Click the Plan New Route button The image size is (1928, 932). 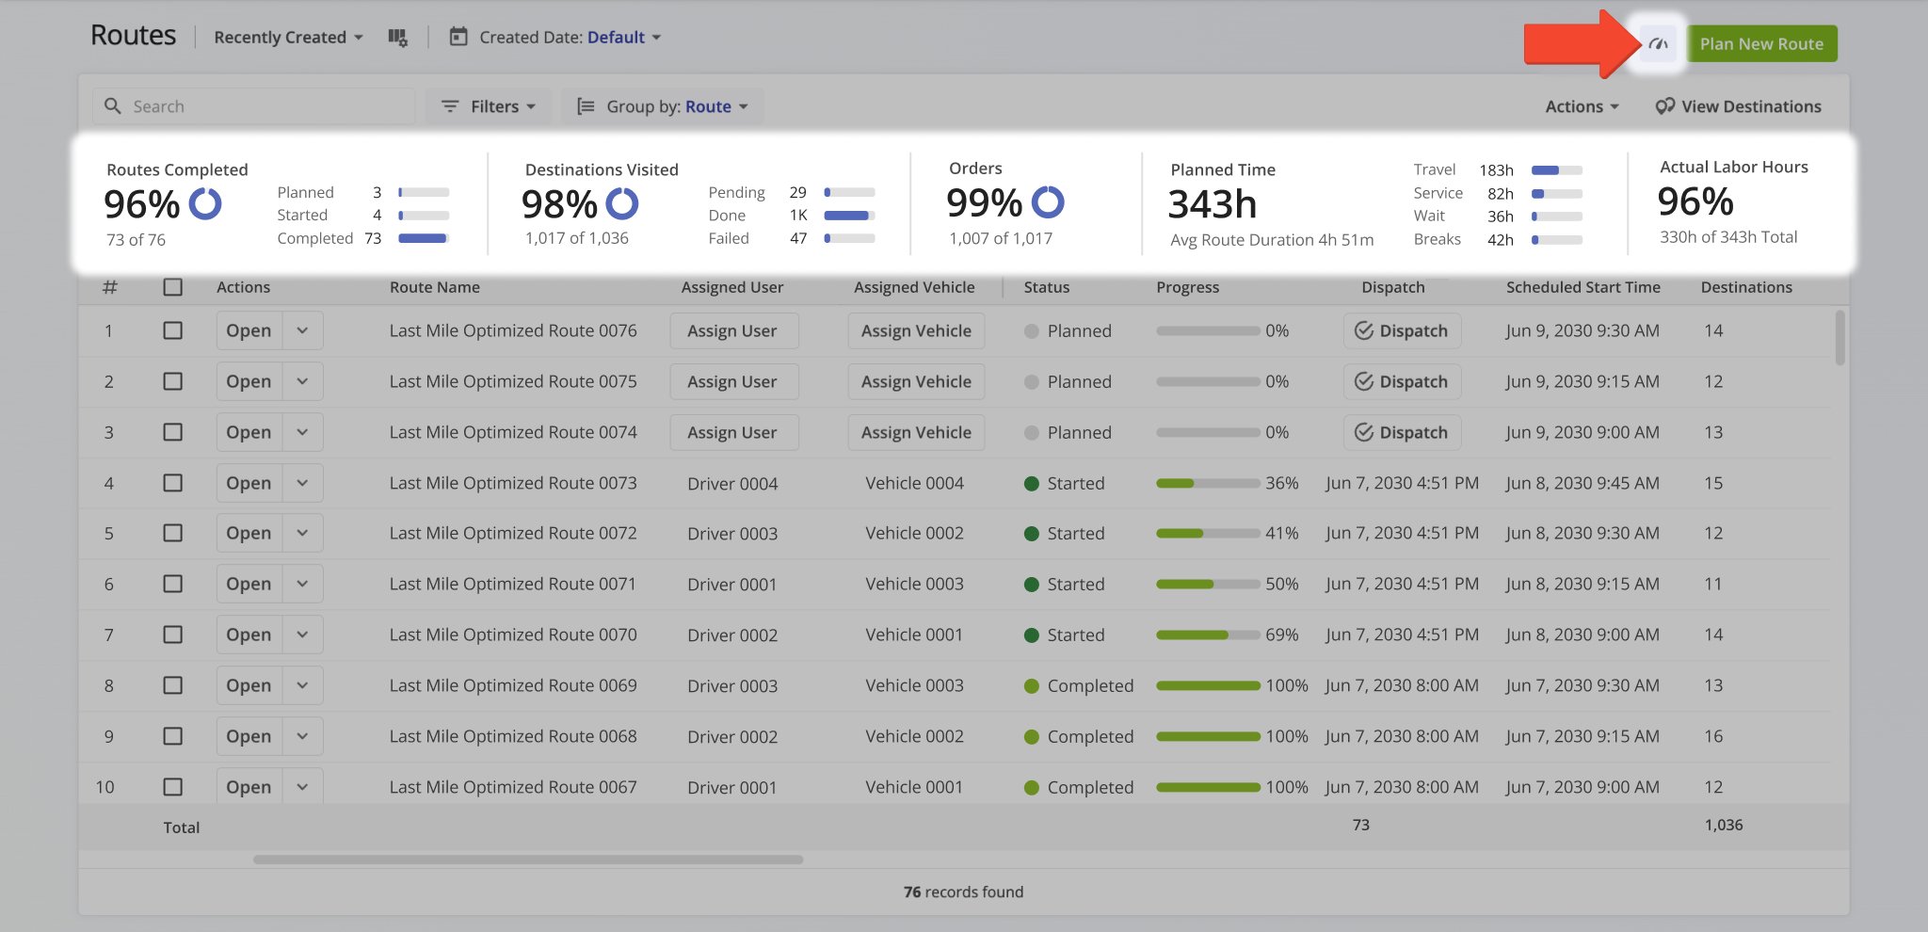tap(1760, 44)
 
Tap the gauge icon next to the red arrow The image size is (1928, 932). tap(1659, 44)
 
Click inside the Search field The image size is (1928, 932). tap(264, 106)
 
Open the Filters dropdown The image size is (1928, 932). tap(489, 106)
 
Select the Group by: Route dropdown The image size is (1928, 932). tap(663, 106)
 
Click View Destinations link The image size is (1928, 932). tap(1739, 106)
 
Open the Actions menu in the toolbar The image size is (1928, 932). tap(1582, 106)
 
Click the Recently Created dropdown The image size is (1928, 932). tap(288, 38)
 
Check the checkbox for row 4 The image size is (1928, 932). tap(172, 483)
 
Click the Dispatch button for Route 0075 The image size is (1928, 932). tap(1402, 381)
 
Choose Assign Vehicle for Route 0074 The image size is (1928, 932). tap(916, 432)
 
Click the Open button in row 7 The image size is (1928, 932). tap(249, 635)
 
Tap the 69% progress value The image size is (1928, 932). tap(1281, 635)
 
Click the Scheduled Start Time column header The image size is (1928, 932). tap(1583, 287)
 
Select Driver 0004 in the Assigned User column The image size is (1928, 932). tap(732, 484)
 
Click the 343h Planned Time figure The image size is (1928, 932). tap(1213, 204)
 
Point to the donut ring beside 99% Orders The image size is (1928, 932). tap(1048, 202)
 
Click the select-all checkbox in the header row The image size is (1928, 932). tap(172, 287)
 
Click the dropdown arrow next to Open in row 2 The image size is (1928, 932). tap(302, 381)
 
